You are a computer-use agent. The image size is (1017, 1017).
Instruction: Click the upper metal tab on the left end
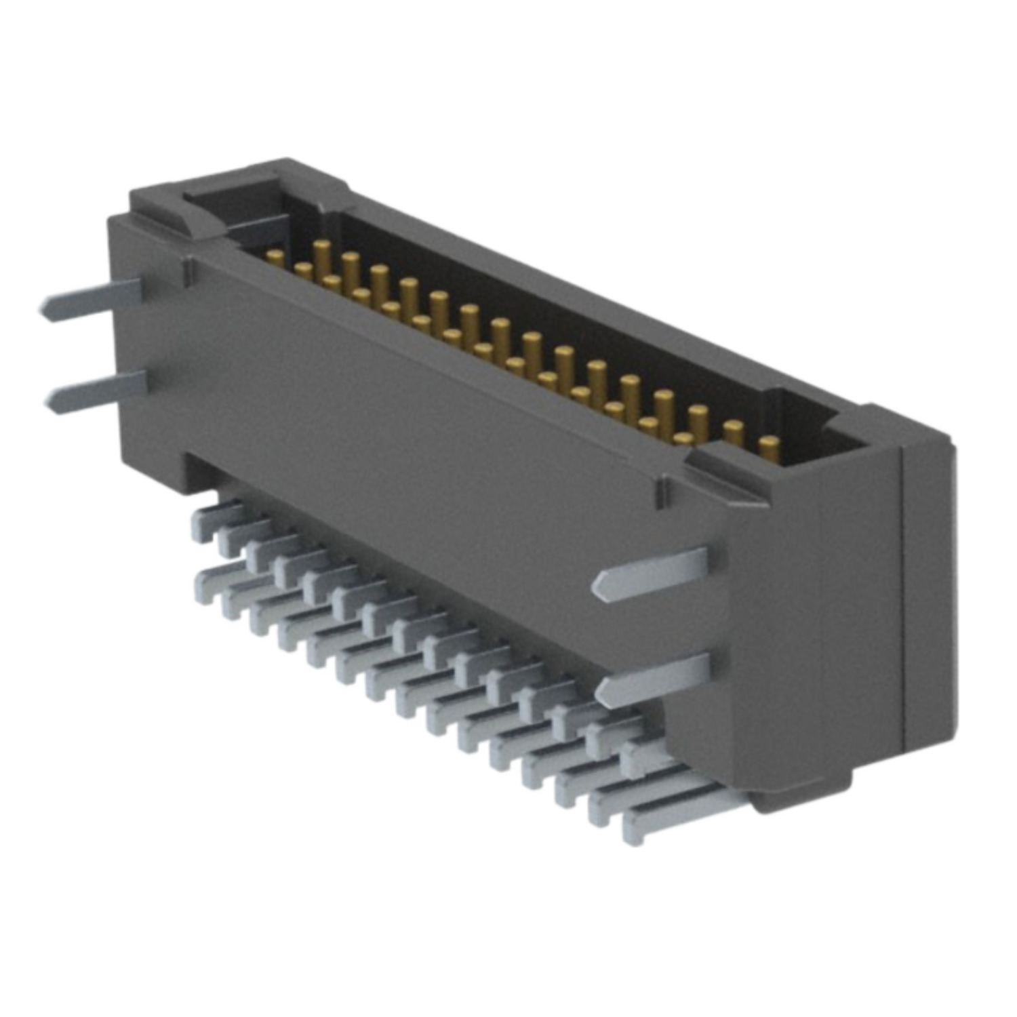[92, 298]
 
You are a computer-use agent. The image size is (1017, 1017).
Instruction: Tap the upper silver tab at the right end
[651, 574]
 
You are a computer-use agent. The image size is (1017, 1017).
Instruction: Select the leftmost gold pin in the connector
[275, 257]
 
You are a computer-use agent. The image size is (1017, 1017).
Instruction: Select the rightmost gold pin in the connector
[768, 448]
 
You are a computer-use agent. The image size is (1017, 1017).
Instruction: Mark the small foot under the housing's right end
[800, 797]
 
